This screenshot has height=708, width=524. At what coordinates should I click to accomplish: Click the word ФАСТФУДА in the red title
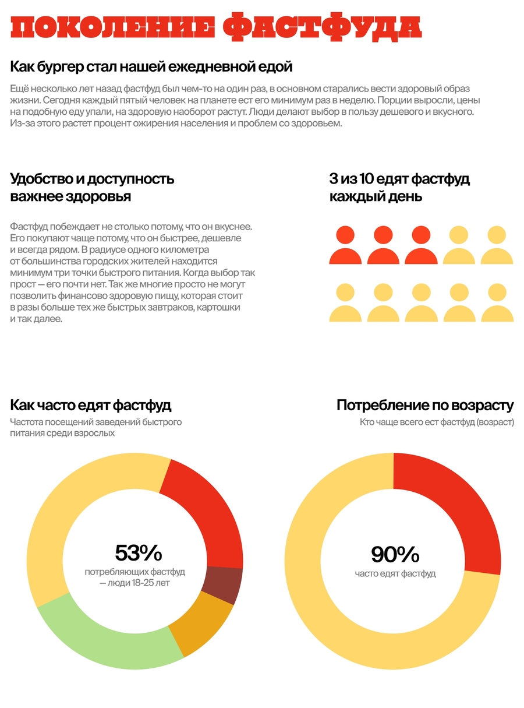pos(322,26)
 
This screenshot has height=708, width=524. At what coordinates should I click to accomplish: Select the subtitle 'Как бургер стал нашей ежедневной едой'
pos(151,66)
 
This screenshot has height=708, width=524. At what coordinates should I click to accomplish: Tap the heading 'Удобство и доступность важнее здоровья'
pos(92,188)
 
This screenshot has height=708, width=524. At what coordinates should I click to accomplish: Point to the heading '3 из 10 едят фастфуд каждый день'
pos(399,188)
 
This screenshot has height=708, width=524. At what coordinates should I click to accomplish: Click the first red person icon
pos(345,245)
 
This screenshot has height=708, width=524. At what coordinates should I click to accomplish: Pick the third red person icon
pos(421,245)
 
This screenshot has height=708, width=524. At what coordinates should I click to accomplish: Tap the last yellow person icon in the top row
pos(497,245)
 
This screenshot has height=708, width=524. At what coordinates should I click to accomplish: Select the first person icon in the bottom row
pos(345,302)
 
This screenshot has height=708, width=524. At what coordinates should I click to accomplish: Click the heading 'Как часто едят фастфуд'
pos(91,405)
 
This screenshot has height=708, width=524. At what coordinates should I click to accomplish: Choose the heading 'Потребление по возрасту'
pos(425,405)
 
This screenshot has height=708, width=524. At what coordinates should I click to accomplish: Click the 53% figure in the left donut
pos(139,552)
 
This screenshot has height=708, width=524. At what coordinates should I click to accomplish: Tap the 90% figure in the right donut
pos(395,555)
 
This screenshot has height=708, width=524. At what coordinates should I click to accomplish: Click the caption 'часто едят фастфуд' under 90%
pos(395,573)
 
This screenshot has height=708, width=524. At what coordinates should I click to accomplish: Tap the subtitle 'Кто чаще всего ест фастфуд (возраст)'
pos(437,422)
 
